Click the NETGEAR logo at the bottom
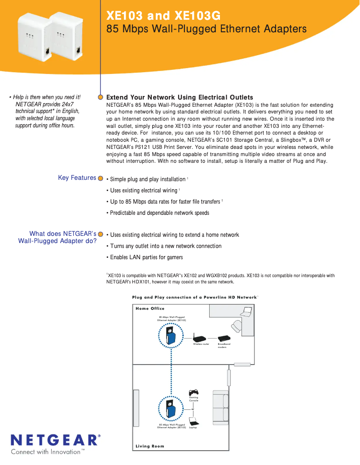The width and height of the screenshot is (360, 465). point(55,440)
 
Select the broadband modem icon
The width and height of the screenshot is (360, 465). point(224,339)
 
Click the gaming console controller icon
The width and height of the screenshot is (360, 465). point(193,392)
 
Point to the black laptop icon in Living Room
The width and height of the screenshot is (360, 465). point(193,422)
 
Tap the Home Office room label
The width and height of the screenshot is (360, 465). point(150,309)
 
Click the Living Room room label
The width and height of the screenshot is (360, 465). point(150,446)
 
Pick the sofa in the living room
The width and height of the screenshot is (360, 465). point(220,407)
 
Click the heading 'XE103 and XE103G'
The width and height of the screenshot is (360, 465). point(163,16)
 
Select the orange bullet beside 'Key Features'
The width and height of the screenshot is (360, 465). point(101,178)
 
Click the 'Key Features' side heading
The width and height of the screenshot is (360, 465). point(77,178)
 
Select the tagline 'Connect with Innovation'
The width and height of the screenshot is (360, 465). point(45,452)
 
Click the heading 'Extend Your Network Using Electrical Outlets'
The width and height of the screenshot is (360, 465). point(180,97)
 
